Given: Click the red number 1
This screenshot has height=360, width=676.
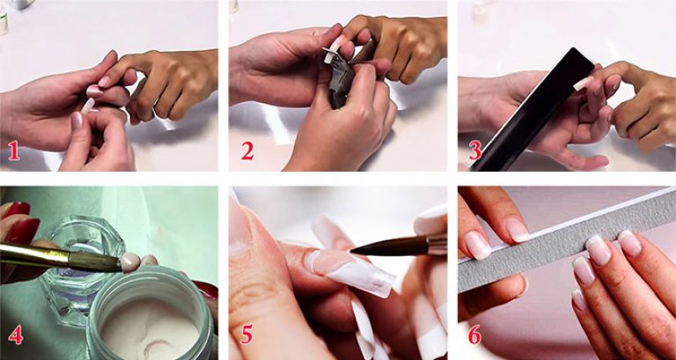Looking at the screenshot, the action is (14, 151).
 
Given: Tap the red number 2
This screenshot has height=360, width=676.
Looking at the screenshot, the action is (247, 151).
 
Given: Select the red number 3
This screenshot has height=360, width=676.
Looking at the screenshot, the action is (475, 151).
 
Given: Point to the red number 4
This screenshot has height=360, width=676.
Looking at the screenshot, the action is (15, 334).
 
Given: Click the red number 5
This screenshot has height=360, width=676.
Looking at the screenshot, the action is (246, 334).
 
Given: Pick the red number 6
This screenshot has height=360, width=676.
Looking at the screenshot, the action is (474, 334).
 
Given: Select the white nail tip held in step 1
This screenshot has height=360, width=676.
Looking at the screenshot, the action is (87, 106).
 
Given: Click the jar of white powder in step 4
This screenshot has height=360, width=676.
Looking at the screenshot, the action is (151, 315).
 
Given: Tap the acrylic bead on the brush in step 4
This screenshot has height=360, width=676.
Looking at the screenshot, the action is (130, 261).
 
